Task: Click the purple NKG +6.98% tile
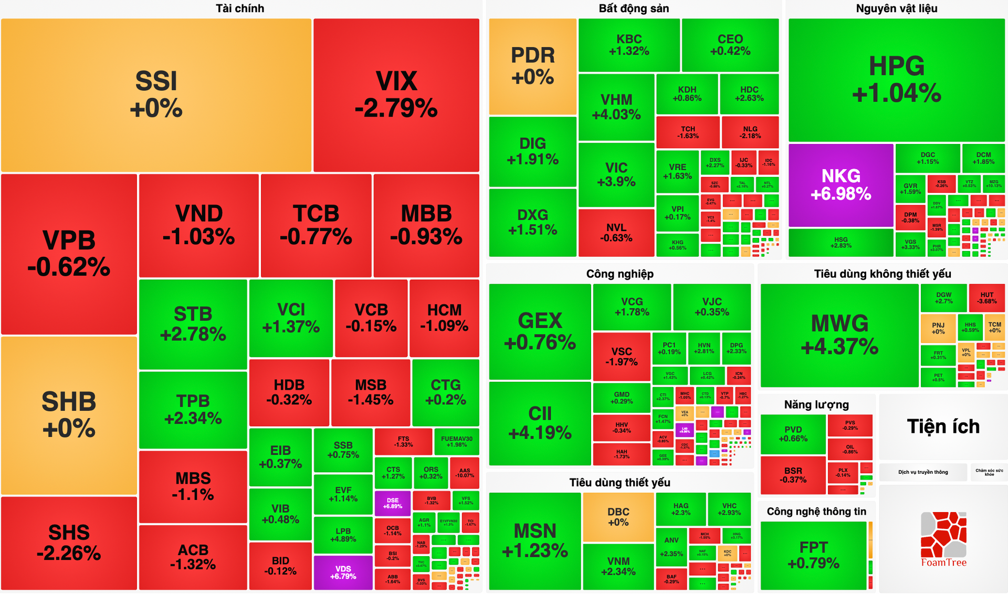tap(841, 185)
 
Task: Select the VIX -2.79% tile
tap(396, 95)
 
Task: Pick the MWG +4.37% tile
tap(839, 335)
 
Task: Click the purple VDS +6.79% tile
tap(343, 572)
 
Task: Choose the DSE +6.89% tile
tap(392, 503)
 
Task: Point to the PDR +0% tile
tap(532, 67)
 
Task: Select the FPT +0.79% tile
tap(813, 555)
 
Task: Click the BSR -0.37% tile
tap(793, 475)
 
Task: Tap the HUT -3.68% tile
tap(986, 298)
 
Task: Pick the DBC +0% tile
tap(618, 517)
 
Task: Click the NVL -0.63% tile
tap(616, 233)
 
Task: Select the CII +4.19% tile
tap(540, 423)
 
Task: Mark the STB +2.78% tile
tap(193, 324)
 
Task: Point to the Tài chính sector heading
tap(240, 8)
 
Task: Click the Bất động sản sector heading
tap(634, 8)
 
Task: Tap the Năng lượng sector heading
tap(816, 404)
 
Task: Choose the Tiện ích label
tap(943, 426)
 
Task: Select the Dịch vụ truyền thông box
tap(923, 472)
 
